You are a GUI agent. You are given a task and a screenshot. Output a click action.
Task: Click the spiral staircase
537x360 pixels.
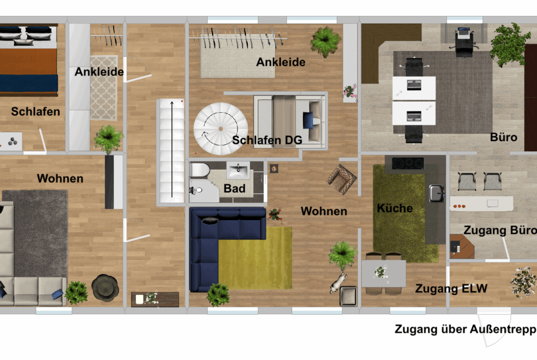(x=221, y=129)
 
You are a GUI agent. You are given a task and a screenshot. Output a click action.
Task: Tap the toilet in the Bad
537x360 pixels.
(x=199, y=170)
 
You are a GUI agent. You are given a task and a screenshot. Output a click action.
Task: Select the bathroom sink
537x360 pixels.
(x=238, y=170)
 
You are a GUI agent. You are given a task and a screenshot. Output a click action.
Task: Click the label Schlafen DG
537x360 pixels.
(x=267, y=140)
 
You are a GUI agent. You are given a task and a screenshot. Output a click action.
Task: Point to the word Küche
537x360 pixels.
(x=395, y=208)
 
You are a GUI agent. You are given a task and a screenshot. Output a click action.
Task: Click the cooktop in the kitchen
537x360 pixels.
(x=408, y=163)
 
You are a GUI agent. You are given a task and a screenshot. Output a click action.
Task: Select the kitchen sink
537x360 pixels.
(x=436, y=193)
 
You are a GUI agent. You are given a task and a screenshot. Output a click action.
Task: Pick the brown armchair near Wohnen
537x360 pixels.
(x=341, y=179)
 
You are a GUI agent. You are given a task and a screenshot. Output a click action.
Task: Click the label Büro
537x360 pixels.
(x=503, y=137)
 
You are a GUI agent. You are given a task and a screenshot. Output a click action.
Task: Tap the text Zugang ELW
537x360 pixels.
(x=451, y=288)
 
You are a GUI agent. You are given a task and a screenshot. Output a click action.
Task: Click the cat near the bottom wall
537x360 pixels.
(x=338, y=282)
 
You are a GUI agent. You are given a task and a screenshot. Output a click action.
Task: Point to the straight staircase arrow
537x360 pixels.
(x=172, y=149)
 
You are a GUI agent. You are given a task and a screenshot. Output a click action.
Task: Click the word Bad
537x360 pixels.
(x=234, y=188)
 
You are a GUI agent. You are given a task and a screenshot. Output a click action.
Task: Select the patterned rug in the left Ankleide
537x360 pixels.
(x=104, y=88)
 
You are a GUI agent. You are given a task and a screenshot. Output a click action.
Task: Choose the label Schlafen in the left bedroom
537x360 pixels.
(x=35, y=111)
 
